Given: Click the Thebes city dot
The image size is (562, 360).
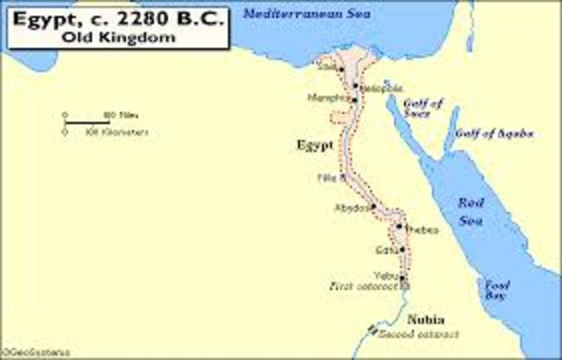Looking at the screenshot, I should (400, 227).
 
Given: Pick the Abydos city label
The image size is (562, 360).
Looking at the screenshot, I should (348, 208).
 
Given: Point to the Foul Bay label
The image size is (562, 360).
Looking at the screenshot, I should (499, 289).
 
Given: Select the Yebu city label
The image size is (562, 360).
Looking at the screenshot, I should (385, 273).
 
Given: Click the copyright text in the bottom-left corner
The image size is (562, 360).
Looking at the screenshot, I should (24, 353).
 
